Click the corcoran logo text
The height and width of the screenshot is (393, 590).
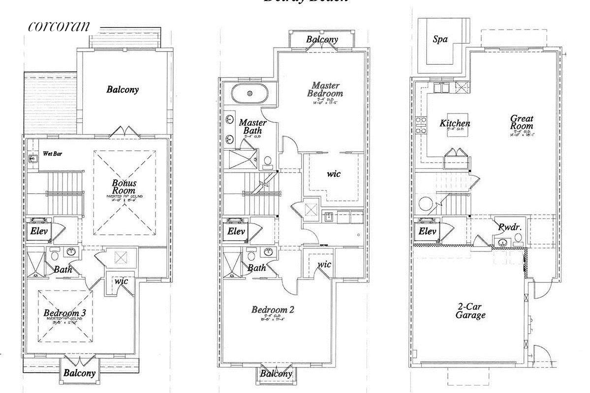(59, 26)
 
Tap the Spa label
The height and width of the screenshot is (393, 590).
(440, 39)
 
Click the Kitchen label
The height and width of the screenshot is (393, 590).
(455, 123)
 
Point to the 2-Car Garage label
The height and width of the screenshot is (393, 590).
(470, 310)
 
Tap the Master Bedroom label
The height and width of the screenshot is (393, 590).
(325, 89)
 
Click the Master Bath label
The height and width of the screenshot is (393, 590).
(253, 127)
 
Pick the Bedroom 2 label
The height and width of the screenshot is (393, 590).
(273, 310)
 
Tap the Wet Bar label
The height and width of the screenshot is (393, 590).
(52, 153)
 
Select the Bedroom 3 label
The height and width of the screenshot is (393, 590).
(65, 313)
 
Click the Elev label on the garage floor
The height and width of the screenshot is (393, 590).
(427, 231)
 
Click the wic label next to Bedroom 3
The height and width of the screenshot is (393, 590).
(121, 281)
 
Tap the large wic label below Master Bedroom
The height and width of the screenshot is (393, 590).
(334, 173)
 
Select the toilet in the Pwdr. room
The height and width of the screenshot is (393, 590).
(517, 239)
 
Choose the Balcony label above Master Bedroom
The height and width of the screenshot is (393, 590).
(322, 40)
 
